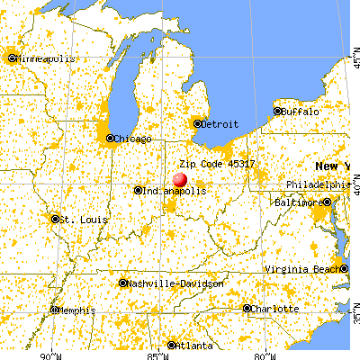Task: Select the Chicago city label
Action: click(132, 139)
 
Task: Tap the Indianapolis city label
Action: click(175, 191)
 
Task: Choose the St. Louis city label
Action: click(84, 219)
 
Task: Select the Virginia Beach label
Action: click(305, 270)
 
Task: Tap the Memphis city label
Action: click(76, 310)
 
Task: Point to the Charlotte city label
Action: click(275, 308)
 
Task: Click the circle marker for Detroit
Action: click(198, 123)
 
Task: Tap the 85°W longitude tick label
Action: click(155, 354)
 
